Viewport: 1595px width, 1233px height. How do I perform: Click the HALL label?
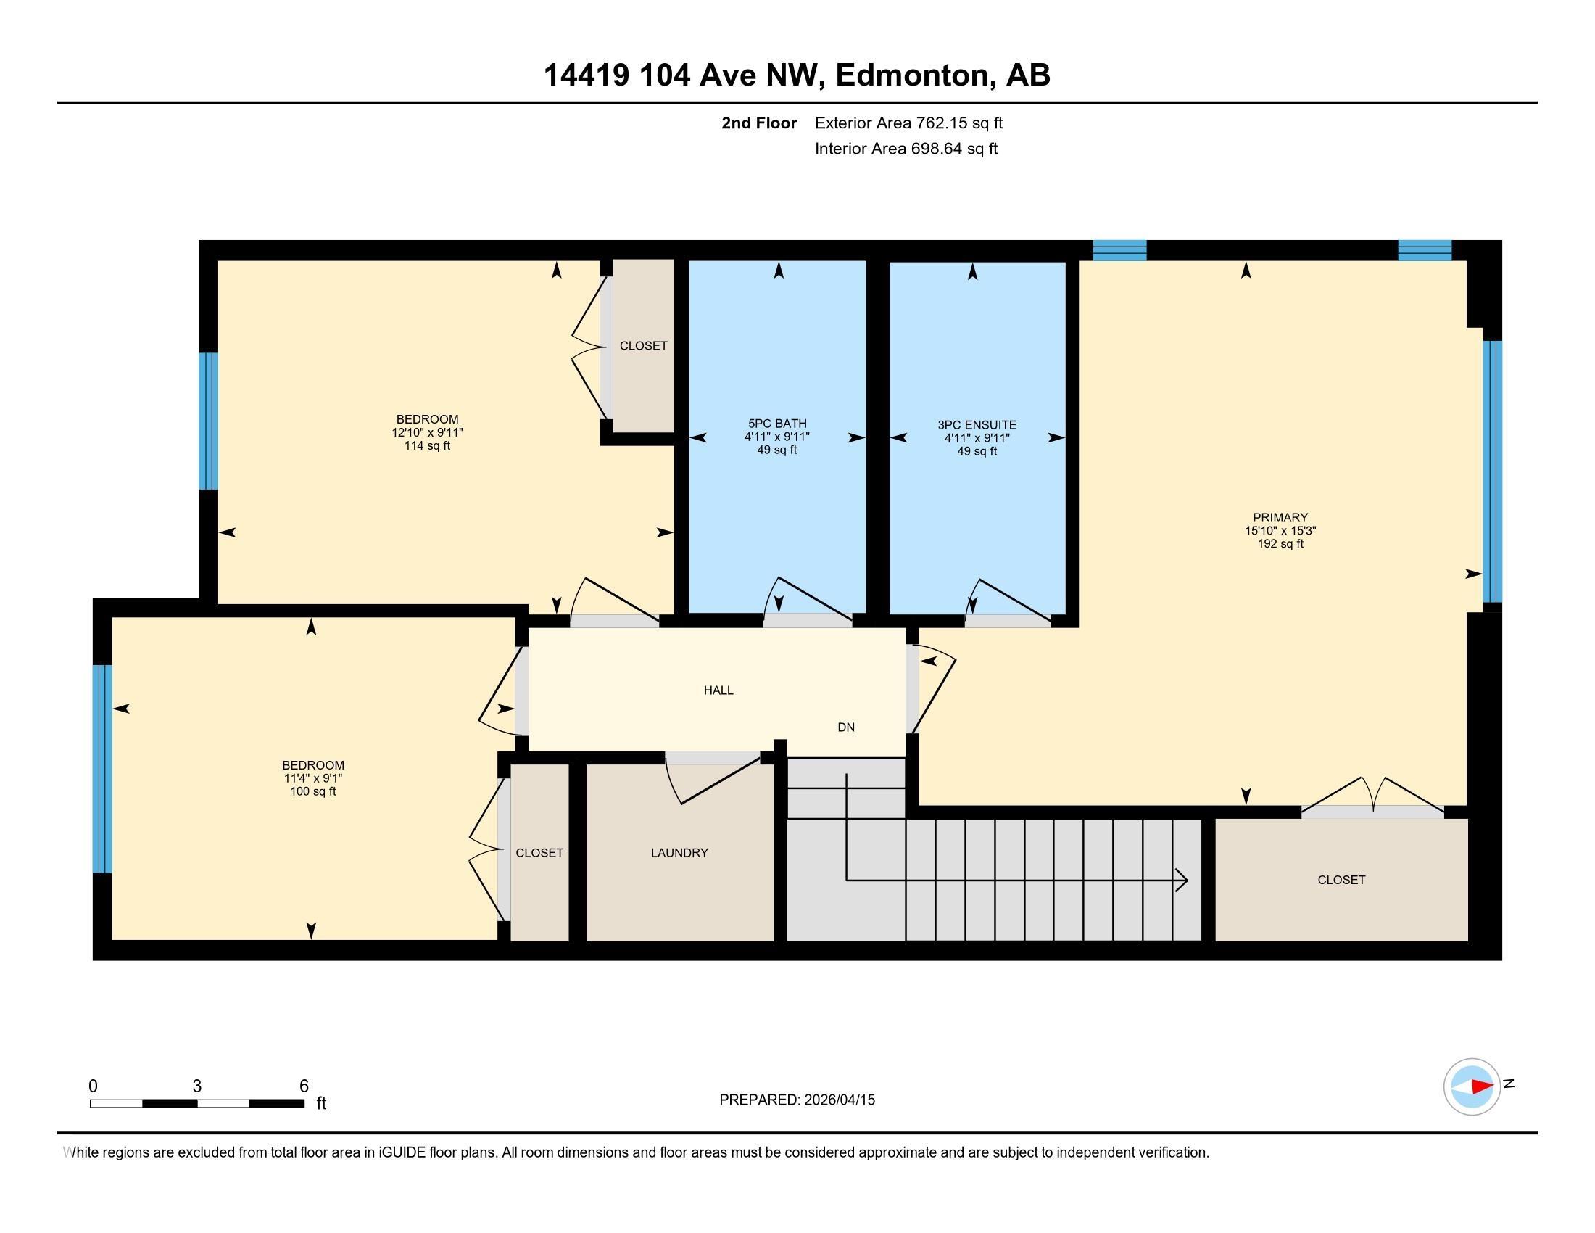coord(718,690)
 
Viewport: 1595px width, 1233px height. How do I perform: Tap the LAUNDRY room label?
coord(679,852)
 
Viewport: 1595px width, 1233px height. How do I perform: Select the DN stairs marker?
coord(845,727)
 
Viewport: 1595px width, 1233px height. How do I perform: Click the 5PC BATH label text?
coord(777,424)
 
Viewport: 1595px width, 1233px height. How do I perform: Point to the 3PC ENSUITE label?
coord(977,425)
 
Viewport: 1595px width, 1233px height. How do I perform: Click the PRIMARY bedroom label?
coord(1280,517)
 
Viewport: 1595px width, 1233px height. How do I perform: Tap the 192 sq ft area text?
coord(1280,544)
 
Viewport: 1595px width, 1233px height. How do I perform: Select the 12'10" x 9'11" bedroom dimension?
coord(427,432)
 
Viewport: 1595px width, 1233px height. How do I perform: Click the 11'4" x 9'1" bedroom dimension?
coord(313,779)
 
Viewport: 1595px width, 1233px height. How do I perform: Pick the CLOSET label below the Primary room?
coord(1341,881)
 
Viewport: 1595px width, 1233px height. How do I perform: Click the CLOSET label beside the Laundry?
coord(539,852)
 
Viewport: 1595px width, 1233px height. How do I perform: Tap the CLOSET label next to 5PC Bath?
coord(643,345)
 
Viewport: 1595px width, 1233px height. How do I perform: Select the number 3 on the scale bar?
coord(197,1086)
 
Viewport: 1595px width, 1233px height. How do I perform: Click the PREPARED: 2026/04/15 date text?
coord(797,1100)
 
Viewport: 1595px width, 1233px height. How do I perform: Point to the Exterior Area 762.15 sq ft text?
coord(908,123)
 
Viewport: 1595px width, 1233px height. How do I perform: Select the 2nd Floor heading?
coord(759,123)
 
